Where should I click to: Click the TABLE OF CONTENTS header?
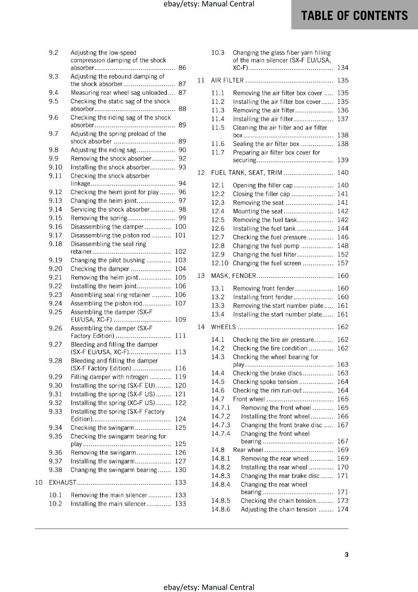coord(354,16)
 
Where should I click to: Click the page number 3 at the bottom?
coord(347,554)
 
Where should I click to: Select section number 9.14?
coord(55,209)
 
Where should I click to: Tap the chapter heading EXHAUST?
coord(63,482)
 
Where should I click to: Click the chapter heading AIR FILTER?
coord(227,80)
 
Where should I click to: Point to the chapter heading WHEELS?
coord(223,327)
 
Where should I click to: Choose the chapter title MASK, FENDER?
coord(233,276)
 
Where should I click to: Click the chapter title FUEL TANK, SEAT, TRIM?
coord(246,173)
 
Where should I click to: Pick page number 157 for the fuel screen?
coord(343,263)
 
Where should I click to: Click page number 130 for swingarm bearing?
coord(180,470)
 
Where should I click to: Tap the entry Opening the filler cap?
coord(262,185)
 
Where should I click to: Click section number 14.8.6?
coord(220,509)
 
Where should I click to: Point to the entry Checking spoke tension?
coord(265,382)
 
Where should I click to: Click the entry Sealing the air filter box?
coord(266,144)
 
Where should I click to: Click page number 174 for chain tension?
coord(343,509)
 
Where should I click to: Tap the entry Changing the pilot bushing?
coord(107,260)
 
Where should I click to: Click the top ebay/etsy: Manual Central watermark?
coord(209,4)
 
